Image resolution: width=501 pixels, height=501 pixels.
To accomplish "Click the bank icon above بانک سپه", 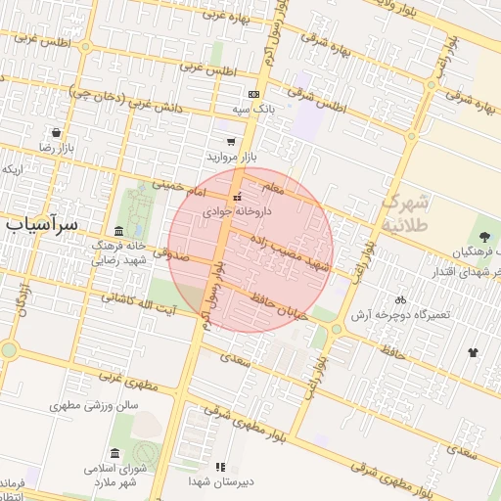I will [x=254, y=95].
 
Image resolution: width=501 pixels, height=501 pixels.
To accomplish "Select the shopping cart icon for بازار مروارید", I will [x=231, y=142].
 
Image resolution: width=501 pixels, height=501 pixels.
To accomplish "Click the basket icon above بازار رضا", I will [x=57, y=132].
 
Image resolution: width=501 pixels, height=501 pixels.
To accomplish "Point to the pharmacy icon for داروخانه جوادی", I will [x=236, y=196].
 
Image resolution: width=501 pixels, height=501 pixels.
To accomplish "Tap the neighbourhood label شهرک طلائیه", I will [x=404, y=213].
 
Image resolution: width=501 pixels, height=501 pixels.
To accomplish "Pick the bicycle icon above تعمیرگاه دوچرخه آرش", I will [x=399, y=299].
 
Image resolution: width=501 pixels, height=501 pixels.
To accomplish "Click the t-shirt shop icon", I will [x=474, y=352].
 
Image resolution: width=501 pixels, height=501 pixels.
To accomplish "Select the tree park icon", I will [x=483, y=235].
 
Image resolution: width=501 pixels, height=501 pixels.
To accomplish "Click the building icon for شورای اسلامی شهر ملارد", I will [x=116, y=454].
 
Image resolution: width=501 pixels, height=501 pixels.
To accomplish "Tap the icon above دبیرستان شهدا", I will [x=220, y=467].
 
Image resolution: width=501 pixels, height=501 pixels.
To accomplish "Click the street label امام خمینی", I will [x=181, y=185].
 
